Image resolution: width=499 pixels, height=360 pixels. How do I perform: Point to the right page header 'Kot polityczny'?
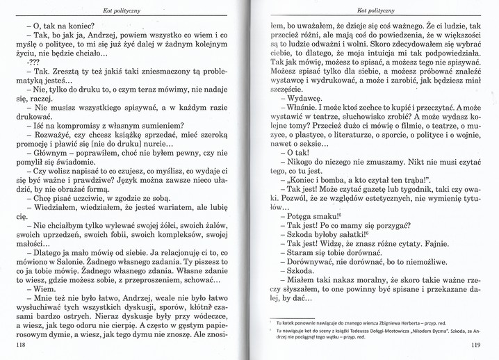[375, 10]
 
